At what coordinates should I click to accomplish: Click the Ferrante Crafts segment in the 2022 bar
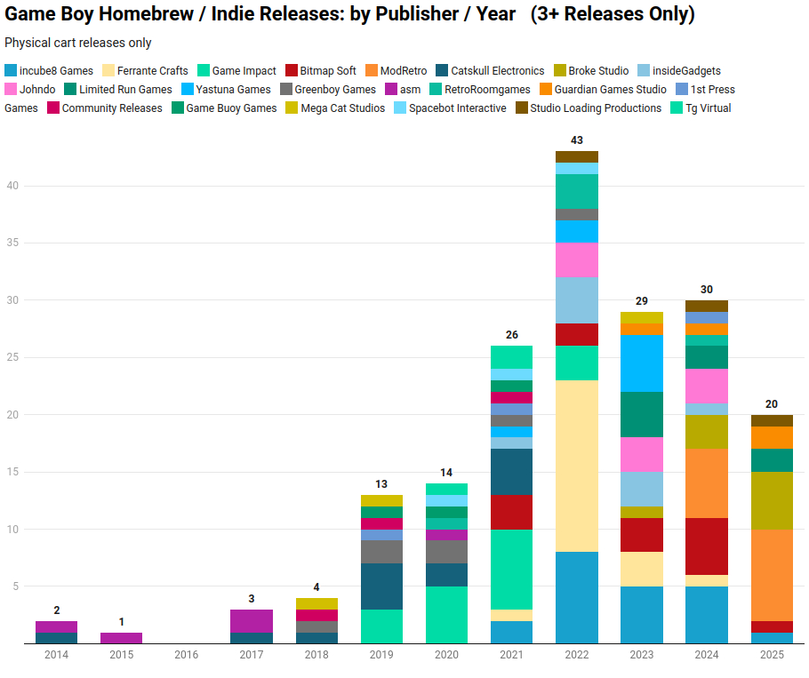577,466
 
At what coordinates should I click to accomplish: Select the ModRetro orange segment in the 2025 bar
772,574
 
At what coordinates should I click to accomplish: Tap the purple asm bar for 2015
122,638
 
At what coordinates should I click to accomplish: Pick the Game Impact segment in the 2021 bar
512,569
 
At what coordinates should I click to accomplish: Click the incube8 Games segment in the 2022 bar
577,597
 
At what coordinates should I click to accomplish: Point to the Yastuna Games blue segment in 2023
642,363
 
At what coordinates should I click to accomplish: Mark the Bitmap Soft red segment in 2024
707,546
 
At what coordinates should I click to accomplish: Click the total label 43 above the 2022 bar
577,140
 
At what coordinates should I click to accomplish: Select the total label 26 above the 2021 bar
512,335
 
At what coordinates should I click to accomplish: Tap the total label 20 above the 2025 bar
772,404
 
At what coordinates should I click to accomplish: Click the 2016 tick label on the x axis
187,655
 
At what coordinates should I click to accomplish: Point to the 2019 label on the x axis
381,655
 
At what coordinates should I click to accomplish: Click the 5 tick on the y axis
14,586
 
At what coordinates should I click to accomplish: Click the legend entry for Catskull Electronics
497,70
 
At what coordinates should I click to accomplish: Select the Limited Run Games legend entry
125,89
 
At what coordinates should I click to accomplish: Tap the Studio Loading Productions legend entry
596,108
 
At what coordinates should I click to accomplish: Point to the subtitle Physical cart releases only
78,43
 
